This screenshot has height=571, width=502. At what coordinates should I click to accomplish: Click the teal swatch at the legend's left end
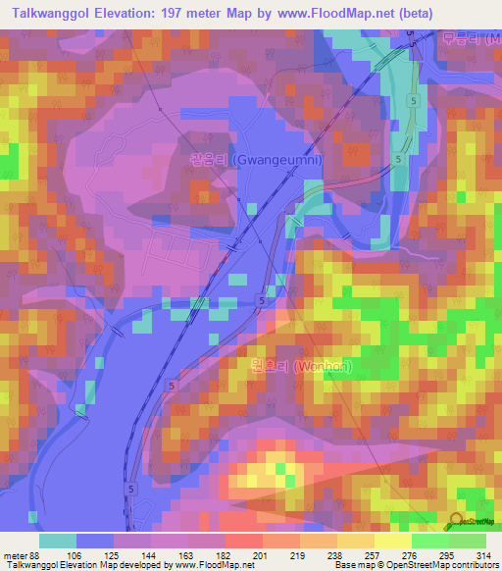[58, 541]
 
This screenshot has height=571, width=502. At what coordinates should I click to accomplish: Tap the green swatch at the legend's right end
[467, 541]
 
